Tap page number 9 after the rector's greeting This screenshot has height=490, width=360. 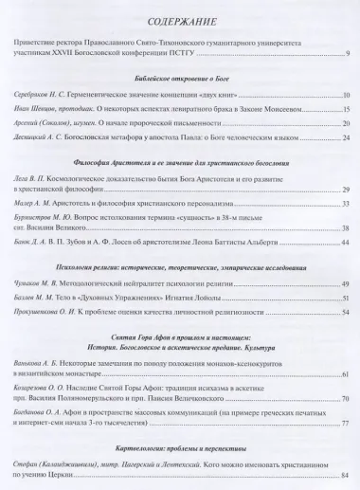point(349,64)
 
